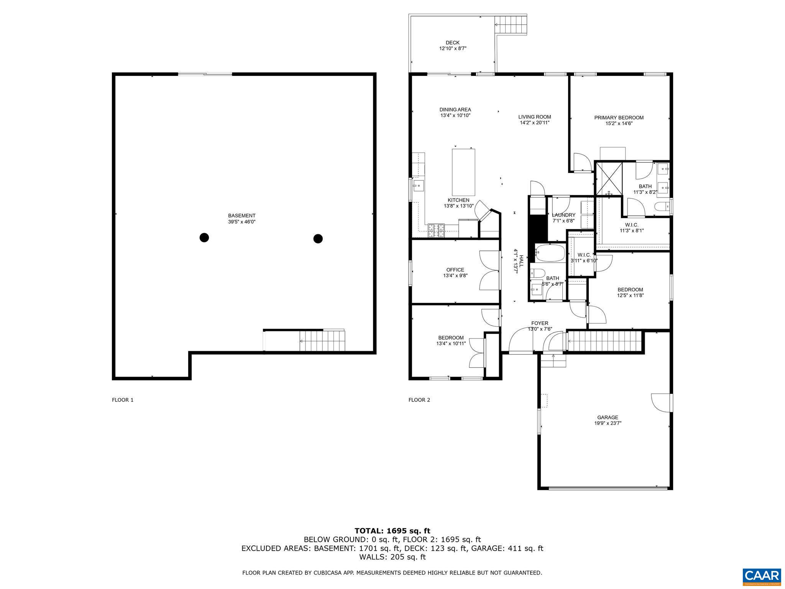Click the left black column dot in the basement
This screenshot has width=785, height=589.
tap(204, 238)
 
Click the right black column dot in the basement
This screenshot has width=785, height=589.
tap(318, 239)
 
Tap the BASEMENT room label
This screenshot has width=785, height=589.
tap(241, 216)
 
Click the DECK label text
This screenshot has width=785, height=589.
tap(453, 43)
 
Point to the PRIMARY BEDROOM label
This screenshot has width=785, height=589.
tap(619, 118)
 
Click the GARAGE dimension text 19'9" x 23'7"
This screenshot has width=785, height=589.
tap(608, 423)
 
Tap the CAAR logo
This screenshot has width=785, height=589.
tap(762, 576)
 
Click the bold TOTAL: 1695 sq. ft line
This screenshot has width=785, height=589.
tap(392, 531)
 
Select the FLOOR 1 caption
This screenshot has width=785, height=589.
tap(123, 400)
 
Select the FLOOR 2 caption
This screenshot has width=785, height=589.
tap(419, 400)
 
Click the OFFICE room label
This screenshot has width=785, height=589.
tap(455, 270)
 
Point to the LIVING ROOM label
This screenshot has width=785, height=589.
tap(535, 117)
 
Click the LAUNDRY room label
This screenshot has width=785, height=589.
tap(563, 215)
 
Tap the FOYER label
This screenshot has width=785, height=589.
tap(540, 323)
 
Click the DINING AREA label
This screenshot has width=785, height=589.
tap(455, 110)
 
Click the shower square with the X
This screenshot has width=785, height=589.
tap(608, 179)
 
